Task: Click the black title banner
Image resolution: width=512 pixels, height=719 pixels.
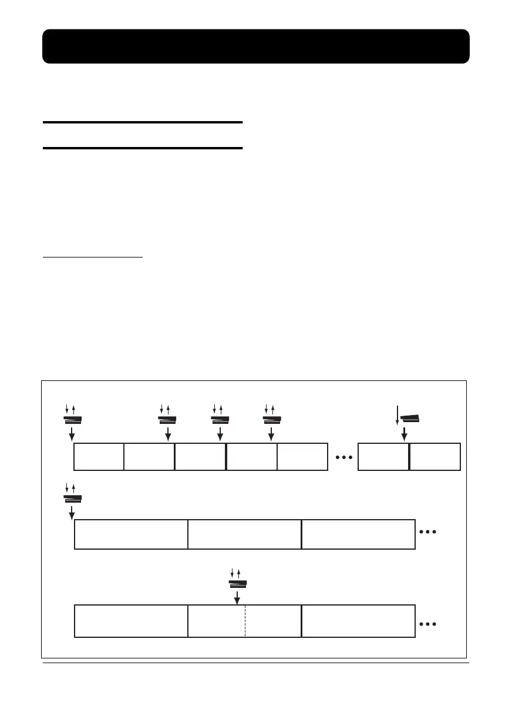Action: (256, 46)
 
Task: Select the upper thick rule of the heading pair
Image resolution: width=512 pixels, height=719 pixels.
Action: (143, 122)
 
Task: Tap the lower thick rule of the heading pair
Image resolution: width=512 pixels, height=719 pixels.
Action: (143, 148)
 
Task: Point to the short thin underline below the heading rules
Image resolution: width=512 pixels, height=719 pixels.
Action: (93, 257)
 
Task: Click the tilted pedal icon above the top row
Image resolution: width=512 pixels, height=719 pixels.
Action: (410, 418)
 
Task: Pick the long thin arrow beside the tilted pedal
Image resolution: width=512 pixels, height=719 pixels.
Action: (398, 414)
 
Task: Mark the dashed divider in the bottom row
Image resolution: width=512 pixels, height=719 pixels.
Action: (245, 620)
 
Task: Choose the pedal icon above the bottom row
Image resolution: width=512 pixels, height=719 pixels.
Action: (237, 583)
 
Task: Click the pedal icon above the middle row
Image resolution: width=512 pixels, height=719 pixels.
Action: (73, 498)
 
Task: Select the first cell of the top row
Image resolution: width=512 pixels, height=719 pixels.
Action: (99, 457)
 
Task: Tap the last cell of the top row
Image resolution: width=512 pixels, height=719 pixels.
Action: (434, 457)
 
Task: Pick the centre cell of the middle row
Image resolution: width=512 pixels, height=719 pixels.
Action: (244, 534)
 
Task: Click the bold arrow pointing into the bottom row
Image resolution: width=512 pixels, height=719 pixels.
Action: (237, 597)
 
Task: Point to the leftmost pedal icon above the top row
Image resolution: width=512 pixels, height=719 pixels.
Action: (73, 419)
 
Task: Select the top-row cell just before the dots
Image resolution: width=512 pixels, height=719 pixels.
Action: (302, 457)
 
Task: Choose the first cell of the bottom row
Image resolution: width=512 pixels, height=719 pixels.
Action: (131, 620)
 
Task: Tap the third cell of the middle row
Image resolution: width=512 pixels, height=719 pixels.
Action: (358, 534)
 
